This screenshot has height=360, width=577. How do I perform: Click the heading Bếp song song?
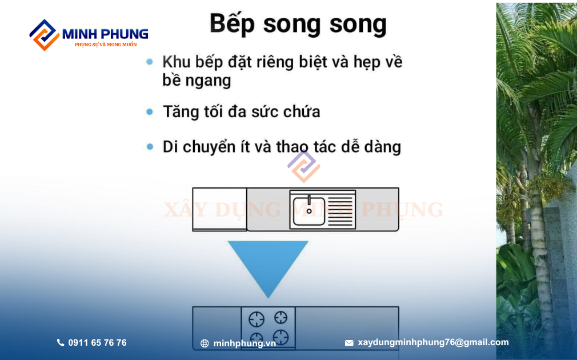(x=298, y=25)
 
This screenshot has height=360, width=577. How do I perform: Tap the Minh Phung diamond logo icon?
(x=45, y=35)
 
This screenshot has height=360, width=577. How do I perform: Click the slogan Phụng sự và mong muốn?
(x=106, y=45)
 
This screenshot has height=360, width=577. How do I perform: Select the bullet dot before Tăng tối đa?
(x=150, y=111)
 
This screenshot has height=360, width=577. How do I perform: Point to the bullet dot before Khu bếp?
(x=150, y=62)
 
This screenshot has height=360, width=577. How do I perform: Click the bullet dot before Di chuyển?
(x=150, y=146)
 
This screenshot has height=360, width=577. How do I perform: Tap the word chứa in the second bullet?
(x=302, y=111)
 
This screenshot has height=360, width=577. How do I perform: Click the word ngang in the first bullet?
(x=208, y=81)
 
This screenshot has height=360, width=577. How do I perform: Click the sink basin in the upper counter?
(x=309, y=211)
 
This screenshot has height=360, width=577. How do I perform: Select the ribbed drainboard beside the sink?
(x=340, y=210)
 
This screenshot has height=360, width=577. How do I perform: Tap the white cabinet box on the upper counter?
(x=220, y=209)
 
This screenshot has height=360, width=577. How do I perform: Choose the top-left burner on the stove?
(x=257, y=319)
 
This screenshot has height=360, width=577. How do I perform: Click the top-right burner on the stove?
(x=281, y=317)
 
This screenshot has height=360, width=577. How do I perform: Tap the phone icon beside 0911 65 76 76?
(x=61, y=343)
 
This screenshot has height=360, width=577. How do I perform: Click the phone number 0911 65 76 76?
(x=98, y=343)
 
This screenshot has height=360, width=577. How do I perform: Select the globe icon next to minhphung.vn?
(x=205, y=343)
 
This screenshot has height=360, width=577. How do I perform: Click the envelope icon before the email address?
(x=349, y=343)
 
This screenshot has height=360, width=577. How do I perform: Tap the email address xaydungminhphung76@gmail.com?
(x=433, y=342)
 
